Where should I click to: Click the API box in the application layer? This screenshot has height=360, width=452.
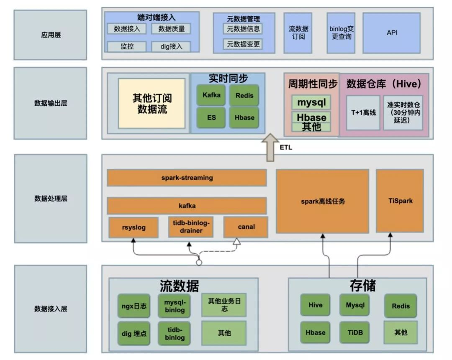point(391,33)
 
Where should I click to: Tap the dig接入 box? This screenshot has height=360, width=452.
point(171,47)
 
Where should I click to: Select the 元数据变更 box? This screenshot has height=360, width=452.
point(243,44)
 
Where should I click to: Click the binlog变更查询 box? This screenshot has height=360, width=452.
point(341,33)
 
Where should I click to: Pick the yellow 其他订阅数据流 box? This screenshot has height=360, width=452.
point(152,103)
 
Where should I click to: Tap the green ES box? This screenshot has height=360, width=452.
point(211,117)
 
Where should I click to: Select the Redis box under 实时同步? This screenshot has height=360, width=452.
point(244,95)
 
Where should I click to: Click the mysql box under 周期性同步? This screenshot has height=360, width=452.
point(311,102)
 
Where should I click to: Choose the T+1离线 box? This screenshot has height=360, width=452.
point(363,112)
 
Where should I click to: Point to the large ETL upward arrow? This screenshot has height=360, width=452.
point(270,148)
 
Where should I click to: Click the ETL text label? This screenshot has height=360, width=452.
point(286,148)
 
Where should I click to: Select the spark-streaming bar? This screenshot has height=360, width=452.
point(187,178)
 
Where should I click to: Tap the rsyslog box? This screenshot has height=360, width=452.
point(134,227)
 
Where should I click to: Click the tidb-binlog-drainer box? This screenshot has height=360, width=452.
point(191,227)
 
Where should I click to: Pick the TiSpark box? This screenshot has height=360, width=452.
point(400,201)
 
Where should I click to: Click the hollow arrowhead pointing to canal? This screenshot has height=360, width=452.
point(236,241)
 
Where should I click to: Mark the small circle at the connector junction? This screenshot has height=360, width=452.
point(199,262)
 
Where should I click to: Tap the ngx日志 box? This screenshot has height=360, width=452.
point(134,306)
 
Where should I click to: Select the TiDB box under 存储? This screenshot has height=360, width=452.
point(354,333)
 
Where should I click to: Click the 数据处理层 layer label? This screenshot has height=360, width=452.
point(51,199)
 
